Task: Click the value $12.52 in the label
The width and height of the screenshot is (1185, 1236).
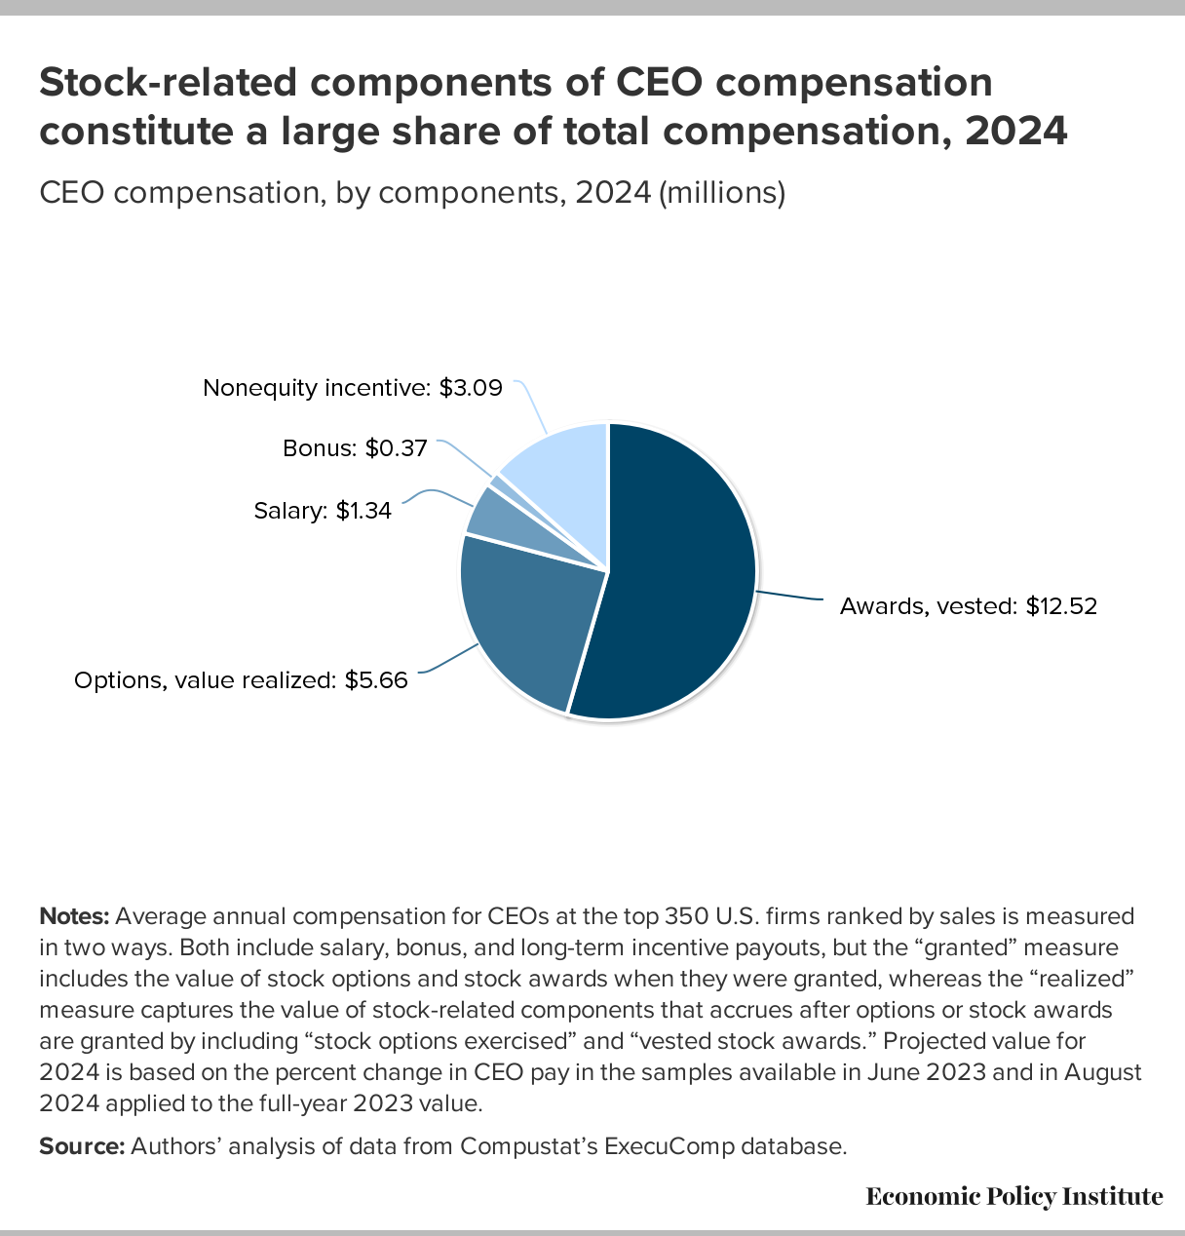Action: click(x=1061, y=606)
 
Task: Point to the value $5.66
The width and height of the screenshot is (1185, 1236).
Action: click(x=376, y=680)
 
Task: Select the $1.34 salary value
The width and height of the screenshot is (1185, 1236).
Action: click(x=363, y=510)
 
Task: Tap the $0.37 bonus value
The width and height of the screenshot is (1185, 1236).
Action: click(x=396, y=448)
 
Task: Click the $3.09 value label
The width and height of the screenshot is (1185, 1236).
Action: click(x=471, y=388)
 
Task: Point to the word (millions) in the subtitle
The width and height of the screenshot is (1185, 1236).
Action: click(x=722, y=193)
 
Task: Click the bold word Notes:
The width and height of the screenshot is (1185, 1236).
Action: click(x=74, y=916)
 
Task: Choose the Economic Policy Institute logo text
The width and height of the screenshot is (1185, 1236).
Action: click(x=1013, y=1196)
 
